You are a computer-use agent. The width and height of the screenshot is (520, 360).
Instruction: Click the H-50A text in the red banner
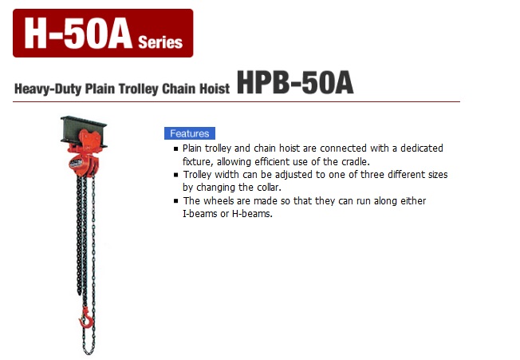pos(78,34)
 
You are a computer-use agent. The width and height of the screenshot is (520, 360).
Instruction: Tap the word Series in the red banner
pos(160,42)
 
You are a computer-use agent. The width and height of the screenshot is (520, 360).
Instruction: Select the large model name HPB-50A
pos(295,83)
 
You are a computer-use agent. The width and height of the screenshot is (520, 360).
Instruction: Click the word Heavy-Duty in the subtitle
pos(48,89)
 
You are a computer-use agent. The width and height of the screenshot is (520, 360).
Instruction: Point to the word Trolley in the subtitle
pos(139,89)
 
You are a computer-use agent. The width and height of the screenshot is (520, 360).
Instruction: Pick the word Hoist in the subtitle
pos(215,89)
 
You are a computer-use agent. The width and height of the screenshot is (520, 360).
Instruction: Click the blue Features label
pos(190,133)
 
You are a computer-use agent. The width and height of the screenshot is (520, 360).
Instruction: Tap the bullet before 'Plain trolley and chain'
pos(176,148)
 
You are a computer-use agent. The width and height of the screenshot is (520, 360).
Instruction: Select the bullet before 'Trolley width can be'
pos(176,175)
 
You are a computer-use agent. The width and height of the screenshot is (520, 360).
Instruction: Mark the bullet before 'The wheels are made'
pos(176,201)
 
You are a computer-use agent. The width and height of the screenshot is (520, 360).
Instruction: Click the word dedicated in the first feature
pos(422,148)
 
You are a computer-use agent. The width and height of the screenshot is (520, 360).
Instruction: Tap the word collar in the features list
pos(268,188)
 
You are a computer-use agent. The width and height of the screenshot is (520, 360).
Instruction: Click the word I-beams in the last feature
pos(200,214)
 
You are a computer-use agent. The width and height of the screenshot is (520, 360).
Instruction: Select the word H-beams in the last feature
pos(252,214)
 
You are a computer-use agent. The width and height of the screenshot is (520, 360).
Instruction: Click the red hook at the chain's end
pos(86,318)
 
